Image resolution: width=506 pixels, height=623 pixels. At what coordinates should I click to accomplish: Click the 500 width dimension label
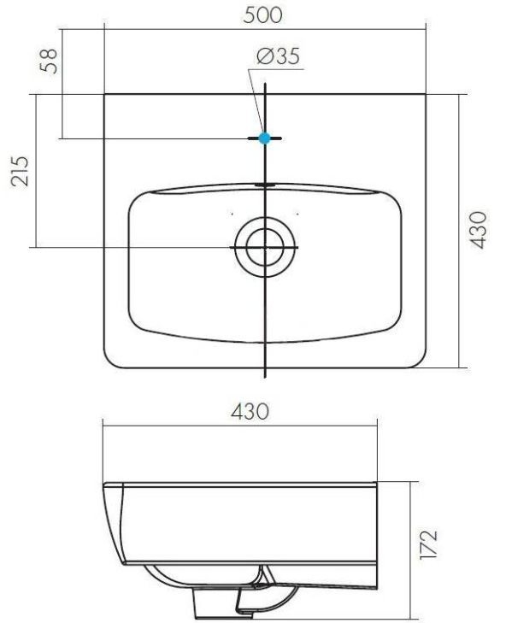[x=262, y=15]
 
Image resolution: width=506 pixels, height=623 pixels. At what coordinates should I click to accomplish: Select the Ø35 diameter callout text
[x=278, y=56]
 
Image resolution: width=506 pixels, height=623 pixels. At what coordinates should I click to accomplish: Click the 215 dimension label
[x=20, y=171]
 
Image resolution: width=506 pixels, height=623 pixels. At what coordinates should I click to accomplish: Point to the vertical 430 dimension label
[x=478, y=230]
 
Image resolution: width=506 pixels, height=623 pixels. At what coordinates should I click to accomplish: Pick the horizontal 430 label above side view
[x=250, y=412]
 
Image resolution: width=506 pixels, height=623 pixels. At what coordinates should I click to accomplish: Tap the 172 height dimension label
[x=429, y=544]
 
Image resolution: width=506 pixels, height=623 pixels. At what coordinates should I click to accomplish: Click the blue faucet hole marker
[x=264, y=138]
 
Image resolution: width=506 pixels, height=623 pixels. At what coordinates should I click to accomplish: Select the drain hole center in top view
[x=265, y=247]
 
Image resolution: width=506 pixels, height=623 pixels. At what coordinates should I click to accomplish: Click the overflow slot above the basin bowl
[x=265, y=185]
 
